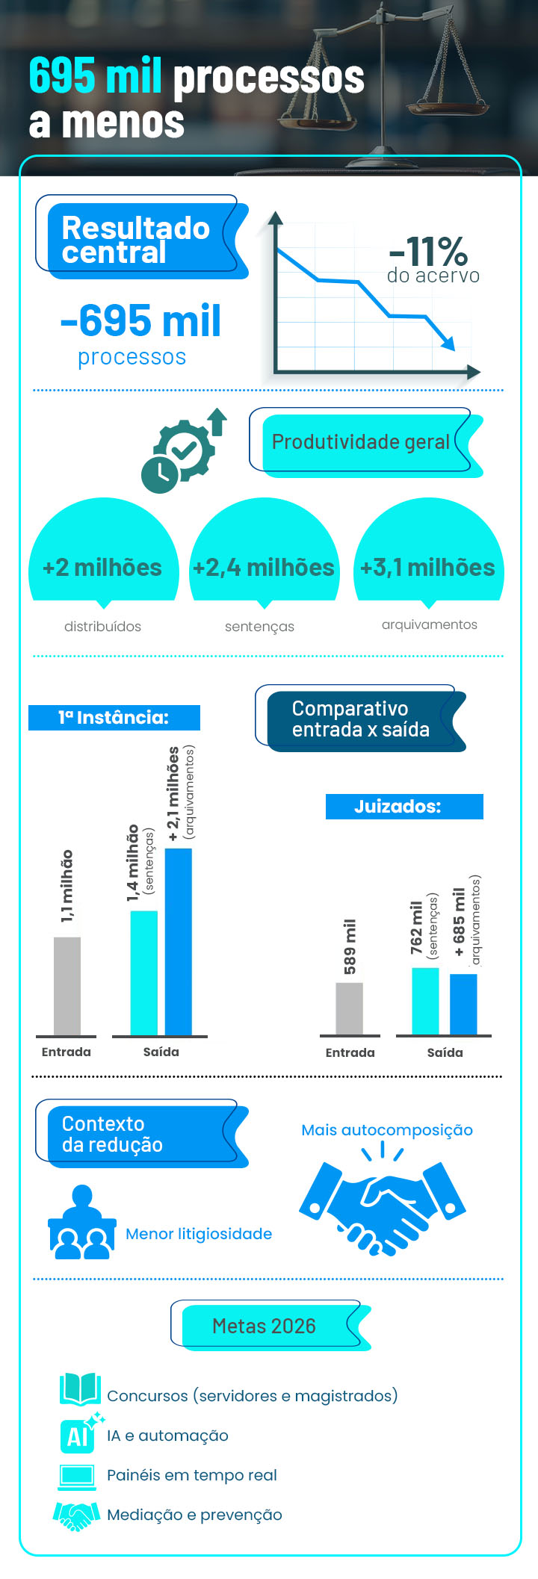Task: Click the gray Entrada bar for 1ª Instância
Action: [x=67, y=986]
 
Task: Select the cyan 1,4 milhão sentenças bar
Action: [x=144, y=972]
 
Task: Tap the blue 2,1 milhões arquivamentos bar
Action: [x=179, y=941]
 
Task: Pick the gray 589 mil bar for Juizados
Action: [x=350, y=1008]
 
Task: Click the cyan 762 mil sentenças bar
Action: [x=426, y=1001]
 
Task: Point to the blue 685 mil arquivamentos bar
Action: [x=463, y=1004]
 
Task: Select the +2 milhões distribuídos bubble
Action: [x=103, y=556]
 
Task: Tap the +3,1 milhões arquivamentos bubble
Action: [x=428, y=556]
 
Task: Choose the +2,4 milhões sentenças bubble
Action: [x=264, y=556]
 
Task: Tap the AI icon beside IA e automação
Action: [x=79, y=1434]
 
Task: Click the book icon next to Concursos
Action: [x=80, y=1389]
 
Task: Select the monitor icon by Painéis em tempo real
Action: [x=78, y=1476]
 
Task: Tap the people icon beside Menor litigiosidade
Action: [x=81, y=1223]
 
